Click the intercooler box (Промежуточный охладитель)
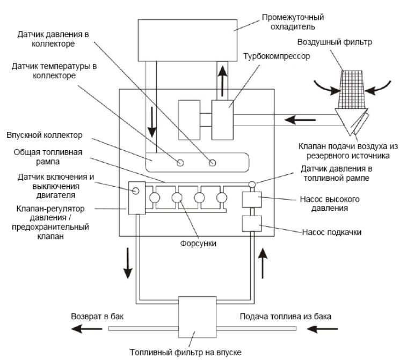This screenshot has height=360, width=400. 187,40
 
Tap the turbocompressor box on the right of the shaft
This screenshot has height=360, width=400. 222,120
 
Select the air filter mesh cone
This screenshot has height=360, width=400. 352,89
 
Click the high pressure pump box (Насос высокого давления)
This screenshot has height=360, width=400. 251,200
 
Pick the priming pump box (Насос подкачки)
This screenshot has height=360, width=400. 251,224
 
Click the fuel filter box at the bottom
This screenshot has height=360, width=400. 197,317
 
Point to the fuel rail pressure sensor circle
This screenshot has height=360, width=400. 252,184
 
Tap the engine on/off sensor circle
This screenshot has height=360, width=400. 136,190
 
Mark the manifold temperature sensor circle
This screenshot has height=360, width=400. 180,163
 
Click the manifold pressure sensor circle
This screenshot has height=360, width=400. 212,163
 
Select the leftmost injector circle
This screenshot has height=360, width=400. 154,197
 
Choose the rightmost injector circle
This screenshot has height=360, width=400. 222,197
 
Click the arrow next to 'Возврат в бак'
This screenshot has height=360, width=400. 87,329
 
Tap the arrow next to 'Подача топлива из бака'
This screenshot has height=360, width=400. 322,329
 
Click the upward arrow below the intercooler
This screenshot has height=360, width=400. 223,80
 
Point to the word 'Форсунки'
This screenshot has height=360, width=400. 198,244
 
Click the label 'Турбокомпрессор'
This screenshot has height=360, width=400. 277,56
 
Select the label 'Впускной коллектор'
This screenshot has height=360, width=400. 45,135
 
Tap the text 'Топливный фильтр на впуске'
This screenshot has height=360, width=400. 186,352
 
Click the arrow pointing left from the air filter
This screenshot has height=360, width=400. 300,120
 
